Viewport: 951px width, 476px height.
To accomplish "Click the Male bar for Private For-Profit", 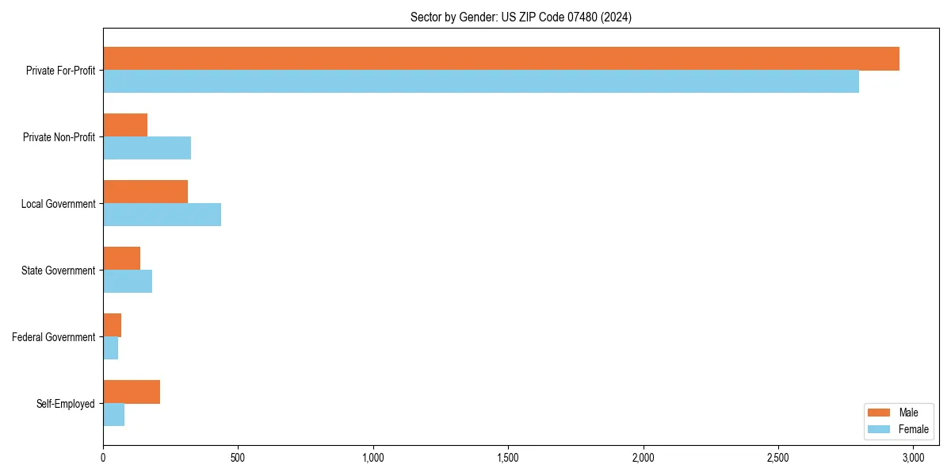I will click(x=501, y=59).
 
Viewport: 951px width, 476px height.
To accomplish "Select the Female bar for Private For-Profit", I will click(x=481, y=82).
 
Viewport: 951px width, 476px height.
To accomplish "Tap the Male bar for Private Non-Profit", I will click(x=125, y=125).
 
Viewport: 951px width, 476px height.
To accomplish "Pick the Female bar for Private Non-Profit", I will click(x=147, y=148).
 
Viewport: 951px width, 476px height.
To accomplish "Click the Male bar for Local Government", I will click(x=145, y=192).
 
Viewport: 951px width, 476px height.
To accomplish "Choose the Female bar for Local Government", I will click(x=162, y=215).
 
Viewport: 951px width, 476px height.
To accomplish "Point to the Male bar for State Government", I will click(x=121, y=259).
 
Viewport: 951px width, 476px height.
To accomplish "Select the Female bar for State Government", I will click(x=128, y=282).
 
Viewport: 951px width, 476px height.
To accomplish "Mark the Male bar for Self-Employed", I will click(x=132, y=392).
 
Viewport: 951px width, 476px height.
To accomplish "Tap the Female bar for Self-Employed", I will click(x=113, y=415).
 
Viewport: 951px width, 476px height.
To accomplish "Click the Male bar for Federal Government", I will click(x=112, y=325).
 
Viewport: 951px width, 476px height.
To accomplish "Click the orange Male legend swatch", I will click(x=880, y=413).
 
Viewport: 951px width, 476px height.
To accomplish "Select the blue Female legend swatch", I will click(x=880, y=429).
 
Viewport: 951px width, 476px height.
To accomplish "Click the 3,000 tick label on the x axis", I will click(x=913, y=458).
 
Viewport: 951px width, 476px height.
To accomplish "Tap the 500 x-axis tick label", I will click(x=238, y=458).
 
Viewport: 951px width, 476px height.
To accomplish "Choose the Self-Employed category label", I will click(x=66, y=404).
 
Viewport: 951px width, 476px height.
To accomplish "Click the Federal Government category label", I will click(x=54, y=337).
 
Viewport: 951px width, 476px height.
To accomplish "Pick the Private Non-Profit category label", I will click(x=59, y=137).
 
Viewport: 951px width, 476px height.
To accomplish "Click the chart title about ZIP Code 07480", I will click(x=521, y=17).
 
